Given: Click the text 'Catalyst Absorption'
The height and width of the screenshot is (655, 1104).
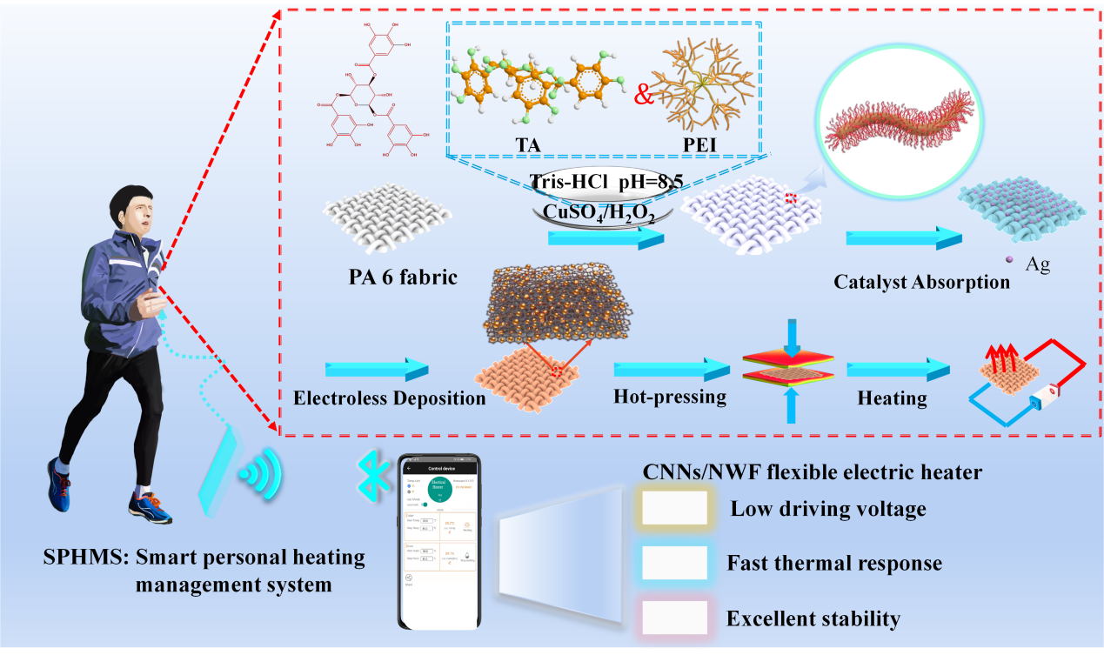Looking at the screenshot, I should pos(922,282).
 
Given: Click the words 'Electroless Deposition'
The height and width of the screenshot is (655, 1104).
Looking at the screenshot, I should pos(389,398).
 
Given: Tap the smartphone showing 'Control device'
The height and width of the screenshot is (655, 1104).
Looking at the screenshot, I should pos(439,541).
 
